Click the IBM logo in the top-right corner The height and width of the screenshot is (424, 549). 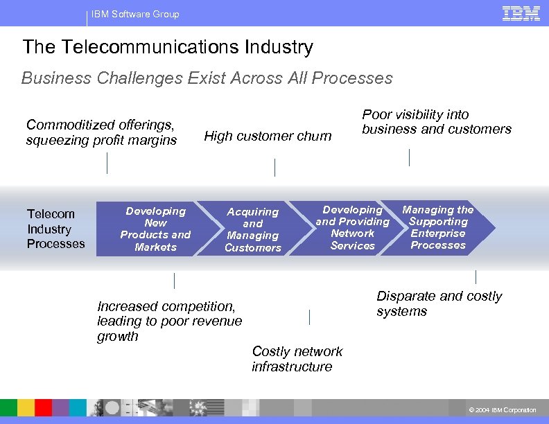521,13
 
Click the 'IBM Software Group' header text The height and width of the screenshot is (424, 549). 135,14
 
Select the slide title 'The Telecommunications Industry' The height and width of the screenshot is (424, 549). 168,47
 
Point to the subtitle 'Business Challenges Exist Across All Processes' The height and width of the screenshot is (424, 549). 207,78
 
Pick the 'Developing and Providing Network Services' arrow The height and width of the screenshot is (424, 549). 352,227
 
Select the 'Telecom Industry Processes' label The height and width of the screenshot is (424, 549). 55,229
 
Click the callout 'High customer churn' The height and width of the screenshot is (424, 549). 268,136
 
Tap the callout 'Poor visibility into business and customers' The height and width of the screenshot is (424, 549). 436,122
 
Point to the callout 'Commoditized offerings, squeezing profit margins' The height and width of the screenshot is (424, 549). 101,132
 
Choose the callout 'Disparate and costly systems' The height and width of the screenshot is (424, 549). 439,303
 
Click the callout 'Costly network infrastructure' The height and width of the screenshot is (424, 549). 297,359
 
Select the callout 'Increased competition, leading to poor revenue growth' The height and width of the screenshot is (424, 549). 170,321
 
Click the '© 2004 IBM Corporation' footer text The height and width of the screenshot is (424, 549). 503,410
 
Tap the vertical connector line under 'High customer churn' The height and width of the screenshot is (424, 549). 274,167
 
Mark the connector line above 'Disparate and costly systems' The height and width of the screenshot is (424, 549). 476,277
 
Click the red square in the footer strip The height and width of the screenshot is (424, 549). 43,407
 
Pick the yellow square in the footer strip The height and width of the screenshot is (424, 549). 26,407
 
